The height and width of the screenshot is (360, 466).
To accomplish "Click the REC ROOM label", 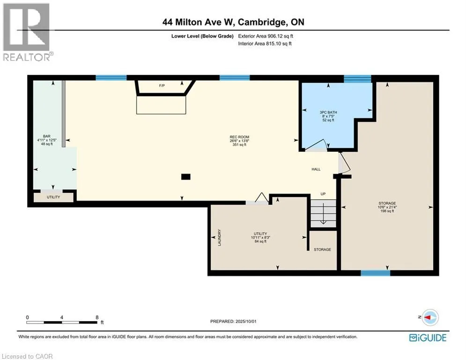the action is pyautogui.click(x=239, y=137).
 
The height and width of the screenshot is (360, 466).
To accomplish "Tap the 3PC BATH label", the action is pyautogui.click(x=328, y=112).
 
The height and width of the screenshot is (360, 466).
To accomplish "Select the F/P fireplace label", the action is pyautogui.click(x=162, y=86).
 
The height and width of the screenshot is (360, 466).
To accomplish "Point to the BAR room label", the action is pyautogui.click(x=47, y=136).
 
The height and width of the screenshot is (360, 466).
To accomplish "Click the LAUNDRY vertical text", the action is pyautogui.click(x=220, y=237).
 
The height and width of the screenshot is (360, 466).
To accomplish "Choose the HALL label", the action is pyautogui.click(x=316, y=169).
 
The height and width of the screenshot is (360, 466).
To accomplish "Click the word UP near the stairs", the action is pyautogui.click(x=323, y=194).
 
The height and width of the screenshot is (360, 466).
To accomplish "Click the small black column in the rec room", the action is pyautogui.click(x=186, y=177).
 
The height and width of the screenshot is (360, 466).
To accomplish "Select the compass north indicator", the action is pyautogui.click(x=429, y=317).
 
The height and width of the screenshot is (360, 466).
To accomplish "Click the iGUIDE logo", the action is pyautogui.click(x=428, y=337).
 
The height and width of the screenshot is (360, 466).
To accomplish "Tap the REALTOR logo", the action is pyautogui.click(x=27, y=32).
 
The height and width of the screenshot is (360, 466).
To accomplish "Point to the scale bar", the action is pyautogui.click(x=62, y=322).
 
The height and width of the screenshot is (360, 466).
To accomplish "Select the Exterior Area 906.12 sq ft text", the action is pyautogui.click(x=266, y=36).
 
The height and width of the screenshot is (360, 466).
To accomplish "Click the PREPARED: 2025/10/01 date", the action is pyautogui.click(x=233, y=321).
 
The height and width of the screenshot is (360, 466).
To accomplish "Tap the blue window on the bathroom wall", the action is pyautogui.click(x=357, y=79).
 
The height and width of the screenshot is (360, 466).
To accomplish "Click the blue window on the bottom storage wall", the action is pyautogui.click(x=375, y=273).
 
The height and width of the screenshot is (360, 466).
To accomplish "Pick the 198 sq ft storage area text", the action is pyautogui.click(x=387, y=211).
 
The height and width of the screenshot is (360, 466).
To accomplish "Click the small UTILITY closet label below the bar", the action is pyautogui.click(x=53, y=197).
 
